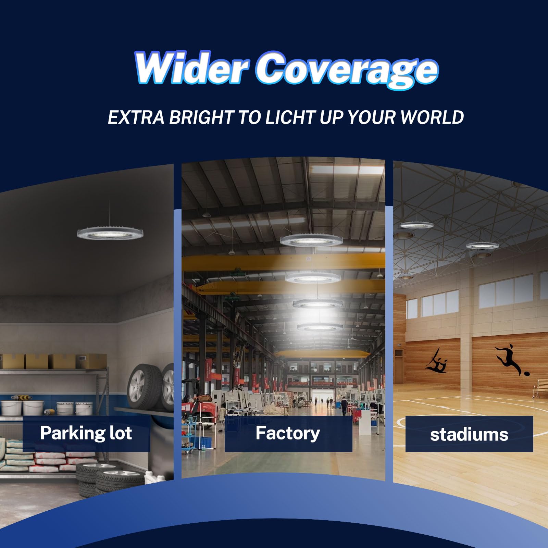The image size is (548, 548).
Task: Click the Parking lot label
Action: pos(86,433)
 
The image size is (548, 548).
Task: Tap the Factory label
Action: pos(288,433)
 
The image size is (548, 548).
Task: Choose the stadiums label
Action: pos(469,434)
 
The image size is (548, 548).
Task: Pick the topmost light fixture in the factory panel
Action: pos(311,240)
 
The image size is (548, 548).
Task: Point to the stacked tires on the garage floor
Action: pos(103,478)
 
